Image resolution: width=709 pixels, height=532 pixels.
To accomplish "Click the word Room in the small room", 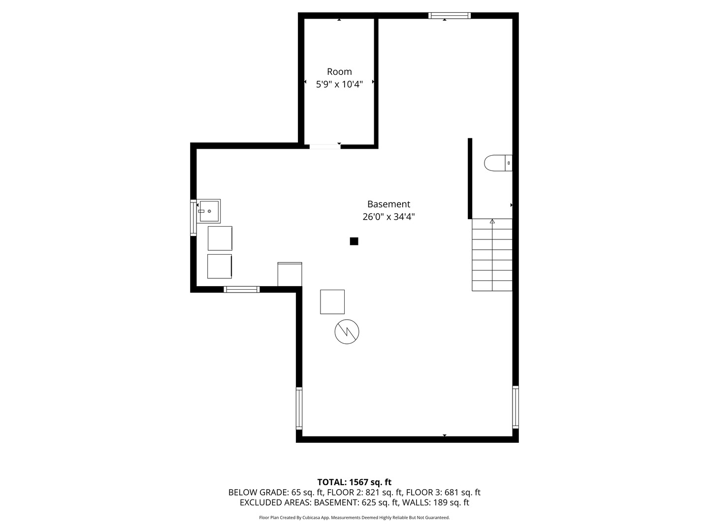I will coord(339,72).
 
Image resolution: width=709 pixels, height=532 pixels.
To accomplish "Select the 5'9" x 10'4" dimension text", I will coord(339,84).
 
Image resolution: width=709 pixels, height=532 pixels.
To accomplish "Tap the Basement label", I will coord(388,204).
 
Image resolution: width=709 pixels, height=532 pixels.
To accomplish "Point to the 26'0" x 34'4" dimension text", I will coord(388,217).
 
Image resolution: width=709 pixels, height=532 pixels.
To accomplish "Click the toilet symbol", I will coord(498,163).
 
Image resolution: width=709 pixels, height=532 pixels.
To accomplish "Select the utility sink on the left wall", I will coord(209,211).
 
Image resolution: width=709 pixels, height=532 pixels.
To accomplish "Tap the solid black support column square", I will coord(354,241).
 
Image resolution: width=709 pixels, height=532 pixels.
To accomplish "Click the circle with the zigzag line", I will coord(347,332).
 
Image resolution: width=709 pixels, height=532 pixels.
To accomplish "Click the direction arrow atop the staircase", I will coord(492,222).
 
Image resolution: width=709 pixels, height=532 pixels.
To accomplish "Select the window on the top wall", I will coord(449,16).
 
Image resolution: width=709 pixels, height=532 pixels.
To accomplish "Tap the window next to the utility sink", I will coord(193,218).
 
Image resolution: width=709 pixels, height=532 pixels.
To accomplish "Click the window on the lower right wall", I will coord(516,407).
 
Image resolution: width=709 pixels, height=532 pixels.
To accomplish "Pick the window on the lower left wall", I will coord(299,408).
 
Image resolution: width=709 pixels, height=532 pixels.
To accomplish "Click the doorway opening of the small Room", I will coord(324,146).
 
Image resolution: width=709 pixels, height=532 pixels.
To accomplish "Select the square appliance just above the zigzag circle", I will coord(332,301).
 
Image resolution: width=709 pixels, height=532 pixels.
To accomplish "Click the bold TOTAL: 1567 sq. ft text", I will coord(354,482).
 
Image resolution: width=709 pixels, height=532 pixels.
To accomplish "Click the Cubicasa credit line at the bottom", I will coord(354,518).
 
